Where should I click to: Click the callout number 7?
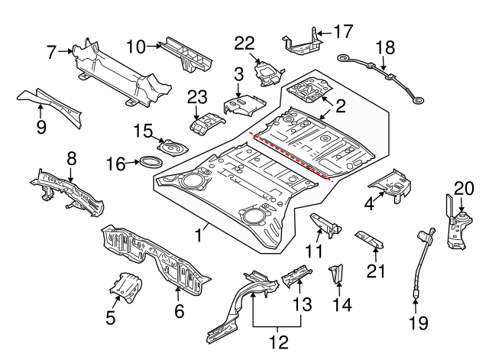pyautogui.click(x=51, y=53)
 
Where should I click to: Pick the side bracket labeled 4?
pyautogui.click(x=391, y=184)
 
